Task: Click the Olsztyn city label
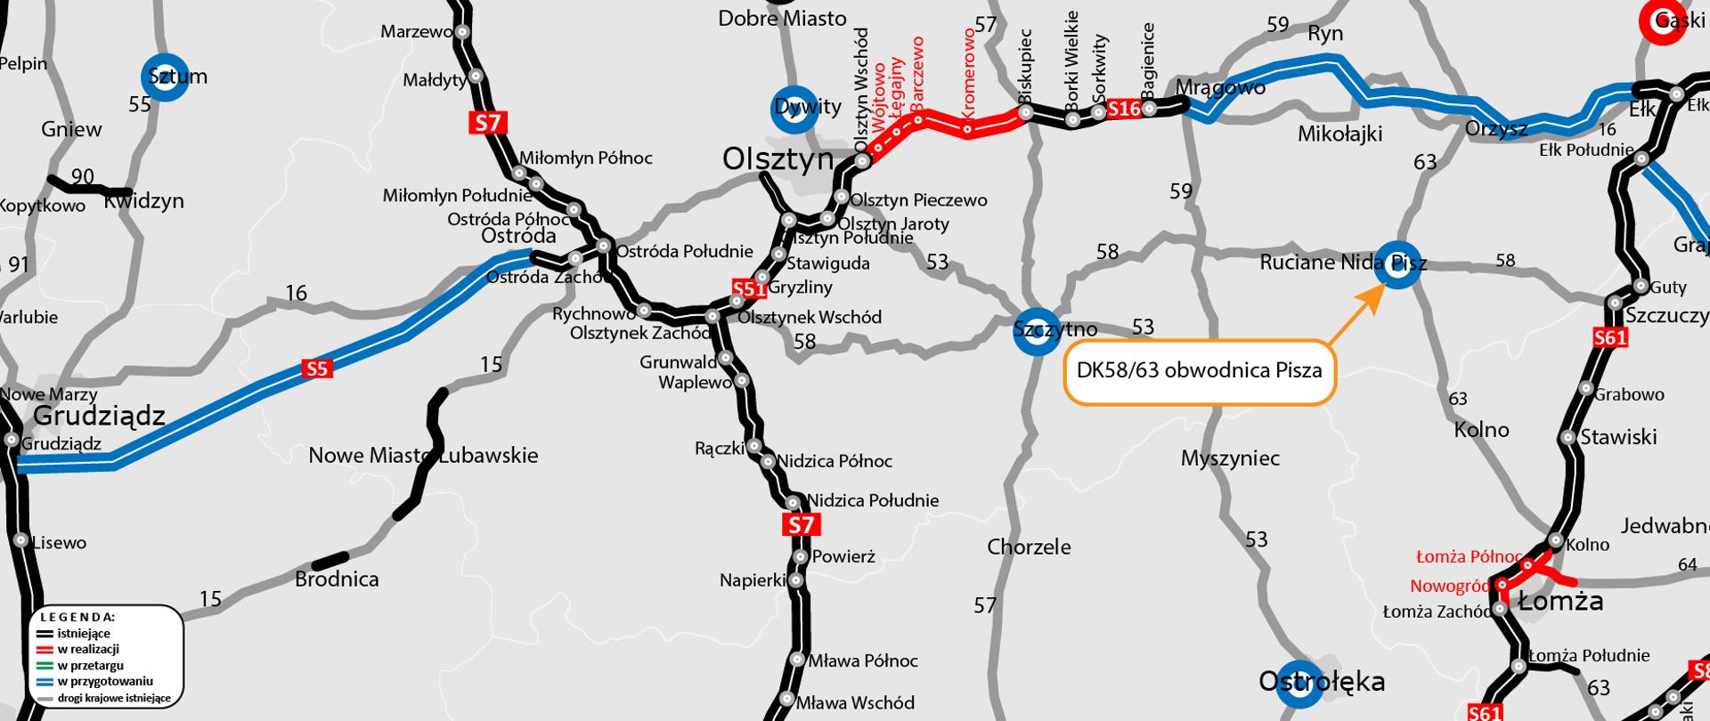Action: pyautogui.click(x=778, y=159)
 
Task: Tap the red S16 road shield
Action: pyautogui.click(x=1124, y=109)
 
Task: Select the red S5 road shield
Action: pyautogui.click(x=317, y=369)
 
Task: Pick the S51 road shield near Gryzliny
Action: pyautogui.click(x=749, y=288)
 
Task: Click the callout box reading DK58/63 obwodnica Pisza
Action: pyautogui.click(x=1199, y=370)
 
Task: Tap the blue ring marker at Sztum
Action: pyautogui.click(x=165, y=77)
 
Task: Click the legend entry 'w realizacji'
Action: pyautogui.click(x=88, y=650)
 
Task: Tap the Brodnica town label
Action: pyautogui.click(x=337, y=579)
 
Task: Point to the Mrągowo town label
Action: pyautogui.click(x=1220, y=87)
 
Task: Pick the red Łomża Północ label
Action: pyautogui.click(x=1468, y=557)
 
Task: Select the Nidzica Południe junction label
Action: pyautogui.click(x=873, y=500)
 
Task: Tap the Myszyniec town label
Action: pyautogui.click(x=1230, y=458)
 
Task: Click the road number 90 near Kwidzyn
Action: pyautogui.click(x=82, y=177)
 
